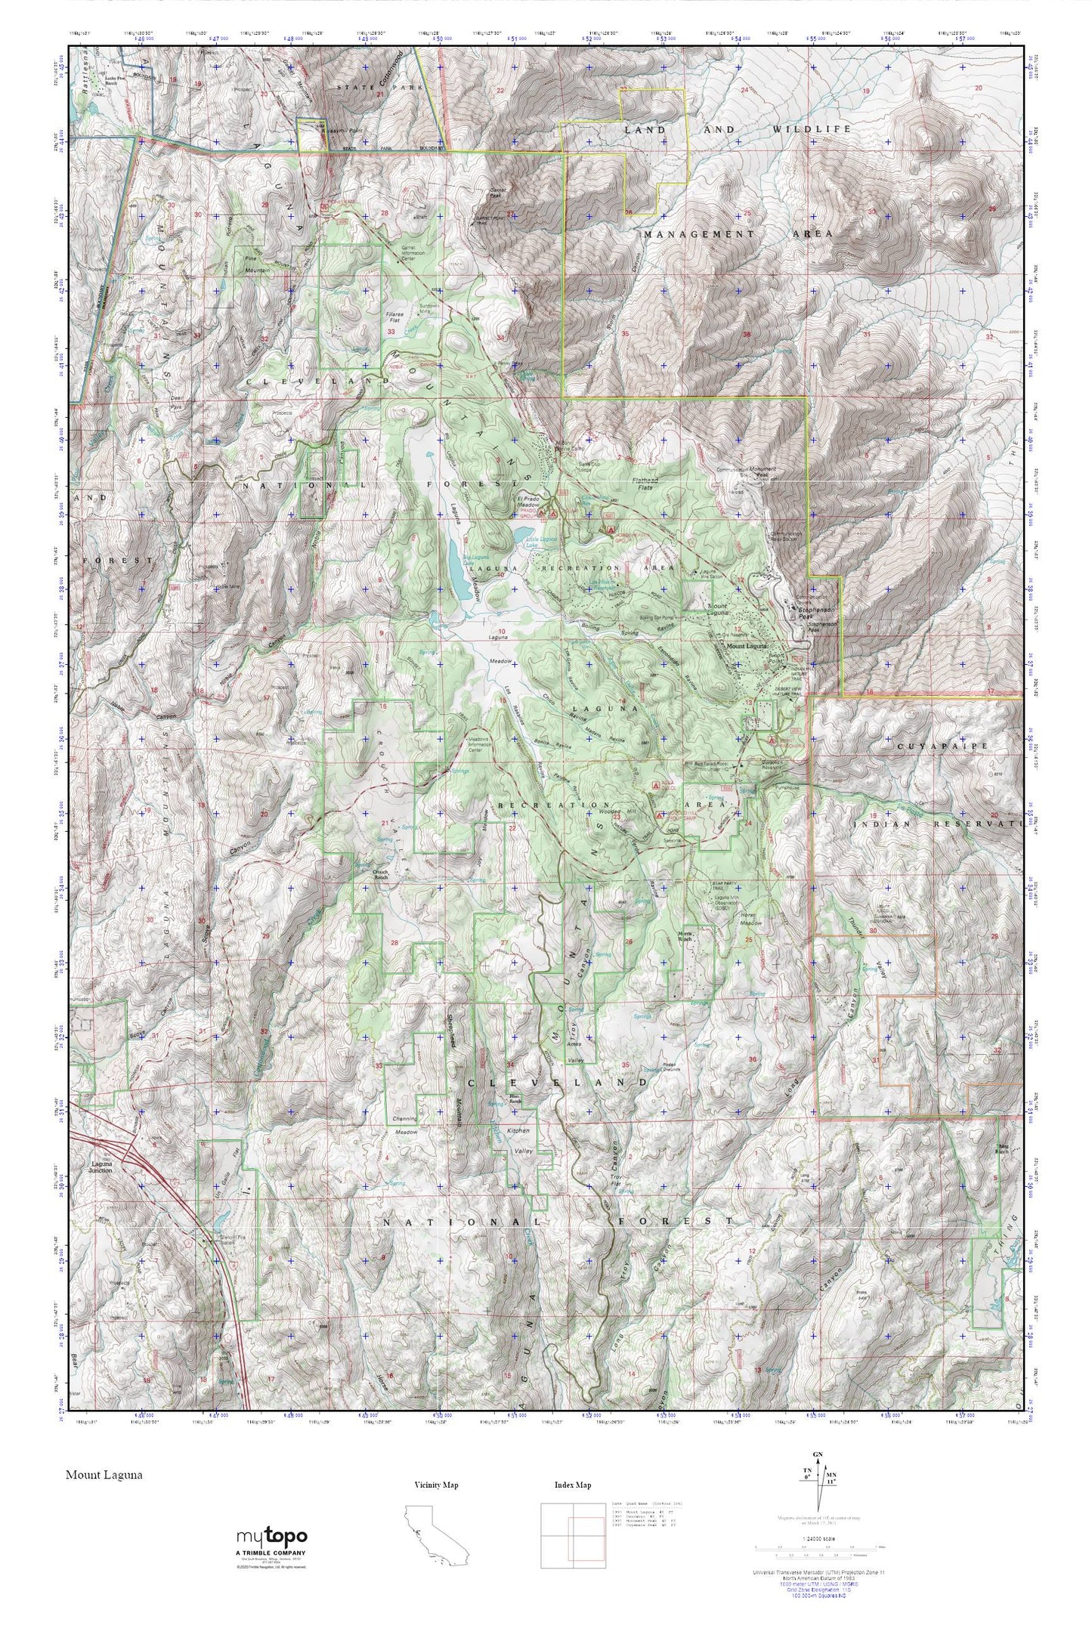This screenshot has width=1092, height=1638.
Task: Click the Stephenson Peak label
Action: click(x=816, y=609)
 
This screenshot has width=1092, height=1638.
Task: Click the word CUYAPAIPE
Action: click(x=933, y=746)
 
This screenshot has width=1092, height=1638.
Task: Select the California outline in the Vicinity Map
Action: click(x=435, y=1534)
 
